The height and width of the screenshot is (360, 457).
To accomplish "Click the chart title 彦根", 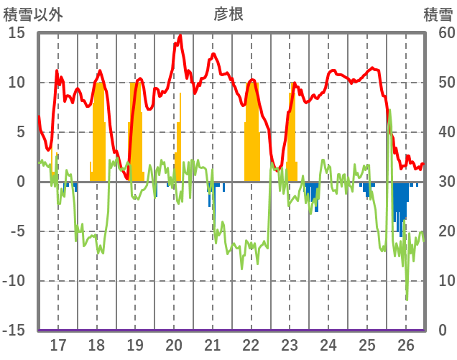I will (x=228, y=14).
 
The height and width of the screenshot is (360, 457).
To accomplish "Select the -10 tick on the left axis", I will (x=14, y=281).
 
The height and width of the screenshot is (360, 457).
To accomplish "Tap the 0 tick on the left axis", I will (x=21, y=182).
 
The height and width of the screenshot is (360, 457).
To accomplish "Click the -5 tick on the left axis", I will (x=17, y=231).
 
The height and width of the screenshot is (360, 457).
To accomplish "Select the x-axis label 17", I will (x=57, y=345).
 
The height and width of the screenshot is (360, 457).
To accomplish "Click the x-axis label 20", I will (x=174, y=345).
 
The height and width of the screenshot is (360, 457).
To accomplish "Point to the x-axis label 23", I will (x=290, y=345).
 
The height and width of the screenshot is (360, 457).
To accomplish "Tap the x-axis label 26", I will (x=406, y=345).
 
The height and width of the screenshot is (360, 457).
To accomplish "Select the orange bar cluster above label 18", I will (x=100, y=137).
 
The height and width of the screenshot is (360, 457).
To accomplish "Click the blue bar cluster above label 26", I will (x=400, y=205).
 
